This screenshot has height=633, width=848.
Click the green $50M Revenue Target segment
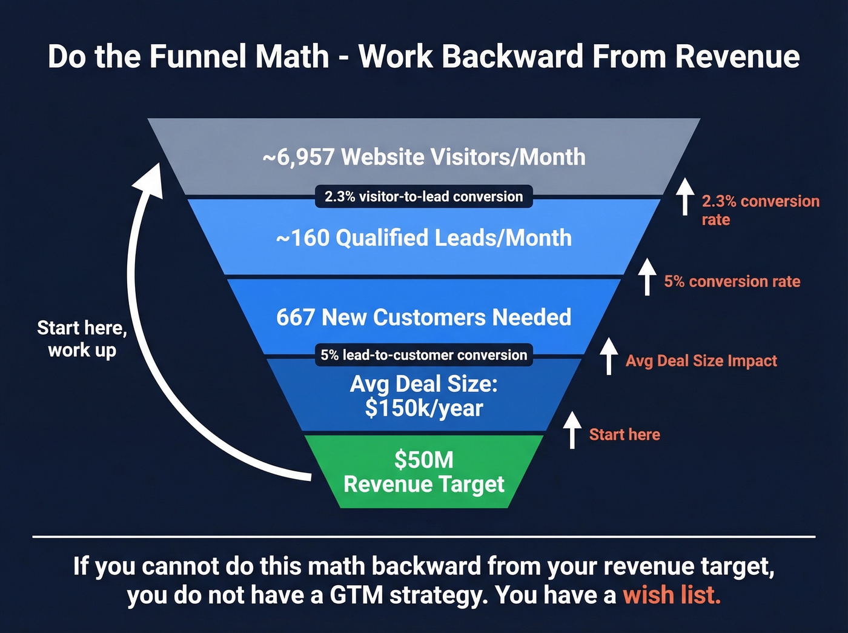coord(423,472)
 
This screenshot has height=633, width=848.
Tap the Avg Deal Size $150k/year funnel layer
coord(423,396)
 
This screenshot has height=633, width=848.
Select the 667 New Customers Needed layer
coord(423,317)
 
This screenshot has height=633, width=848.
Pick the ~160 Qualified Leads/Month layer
coord(423,238)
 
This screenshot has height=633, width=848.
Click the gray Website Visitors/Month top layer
coord(423,157)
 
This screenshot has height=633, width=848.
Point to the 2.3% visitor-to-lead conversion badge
coord(423,196)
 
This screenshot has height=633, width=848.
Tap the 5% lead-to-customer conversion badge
coord(423,355)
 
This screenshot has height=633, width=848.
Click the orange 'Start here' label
coord(624,434)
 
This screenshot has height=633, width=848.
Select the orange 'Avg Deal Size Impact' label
coord(701,361)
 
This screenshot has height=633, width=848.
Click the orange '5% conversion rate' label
coord(732,282)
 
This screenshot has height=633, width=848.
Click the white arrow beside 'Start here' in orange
coord(572,429)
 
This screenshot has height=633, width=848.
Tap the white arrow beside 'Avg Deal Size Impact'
coord(609,356)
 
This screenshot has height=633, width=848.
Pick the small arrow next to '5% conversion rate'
coord(647,276)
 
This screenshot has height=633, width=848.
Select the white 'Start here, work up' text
coord(82,339)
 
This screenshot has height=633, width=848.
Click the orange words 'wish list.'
coord(672,595)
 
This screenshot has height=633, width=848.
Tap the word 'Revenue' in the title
coord(737,56)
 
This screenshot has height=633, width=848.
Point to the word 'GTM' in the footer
coord(356,595)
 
